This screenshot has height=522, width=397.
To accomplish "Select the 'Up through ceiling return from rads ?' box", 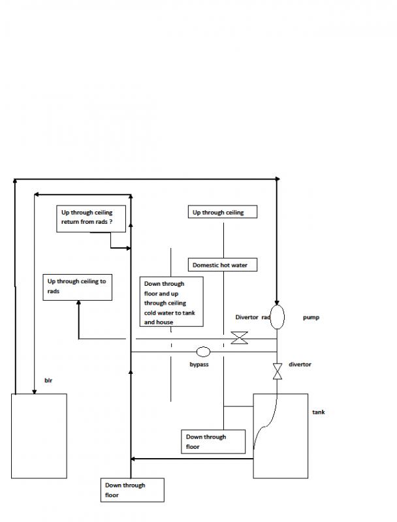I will point(90,217).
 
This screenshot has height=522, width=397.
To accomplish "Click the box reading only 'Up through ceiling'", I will point(222,213).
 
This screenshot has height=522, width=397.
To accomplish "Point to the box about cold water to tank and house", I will point(172,302).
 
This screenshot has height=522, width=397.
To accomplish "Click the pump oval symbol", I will point(277,316).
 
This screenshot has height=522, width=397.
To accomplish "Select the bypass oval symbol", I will point(203,352).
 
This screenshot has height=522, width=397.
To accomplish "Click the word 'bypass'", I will point(199,365).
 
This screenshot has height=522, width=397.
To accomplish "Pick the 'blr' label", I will point(48,379).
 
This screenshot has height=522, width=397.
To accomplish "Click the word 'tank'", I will point(319,412).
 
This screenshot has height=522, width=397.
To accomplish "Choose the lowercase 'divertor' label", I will point(300,365).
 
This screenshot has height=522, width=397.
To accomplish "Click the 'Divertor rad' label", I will point(253,318).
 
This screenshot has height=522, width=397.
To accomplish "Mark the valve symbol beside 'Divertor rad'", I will point(240,338).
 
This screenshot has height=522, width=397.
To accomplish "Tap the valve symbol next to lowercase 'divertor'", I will point(277,372).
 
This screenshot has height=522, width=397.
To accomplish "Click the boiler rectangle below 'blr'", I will point(39,436).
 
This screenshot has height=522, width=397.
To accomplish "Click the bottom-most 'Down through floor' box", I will point(132,490).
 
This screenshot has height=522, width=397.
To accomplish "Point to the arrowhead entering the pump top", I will point(277,301).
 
